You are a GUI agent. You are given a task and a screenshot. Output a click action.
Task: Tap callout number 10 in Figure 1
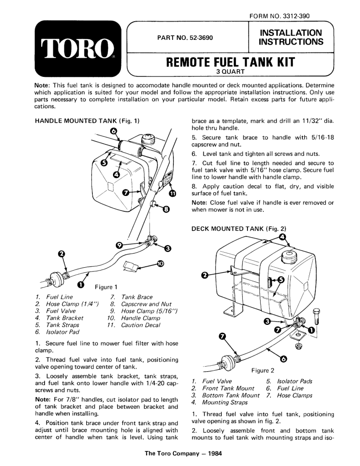(x=161, y=264)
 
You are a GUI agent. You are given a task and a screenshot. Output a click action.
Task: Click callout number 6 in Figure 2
(x=283, y=359)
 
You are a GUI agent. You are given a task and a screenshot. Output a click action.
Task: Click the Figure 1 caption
(x=105, y=287)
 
